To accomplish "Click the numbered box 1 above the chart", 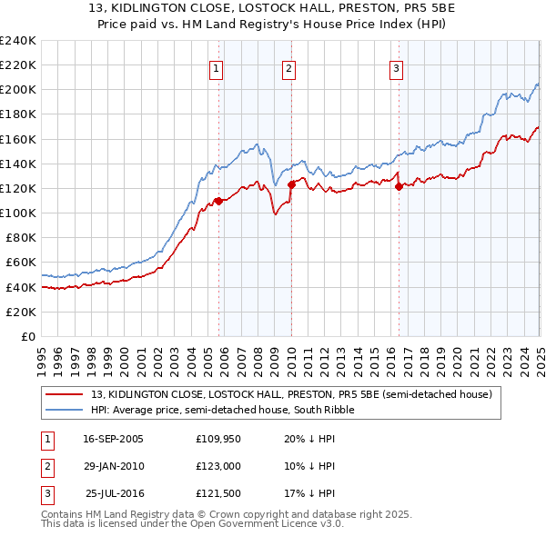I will tap(217, 66).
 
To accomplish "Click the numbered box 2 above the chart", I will tap(288, 66).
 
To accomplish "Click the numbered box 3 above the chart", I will tap(397, 66).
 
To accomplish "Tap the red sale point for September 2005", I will tap(218, 200).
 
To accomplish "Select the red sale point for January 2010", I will tap(291, 184).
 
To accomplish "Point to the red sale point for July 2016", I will tap(399, 186).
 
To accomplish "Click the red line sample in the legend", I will tap(66, 394).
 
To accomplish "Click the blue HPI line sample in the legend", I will tap(66, 410).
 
